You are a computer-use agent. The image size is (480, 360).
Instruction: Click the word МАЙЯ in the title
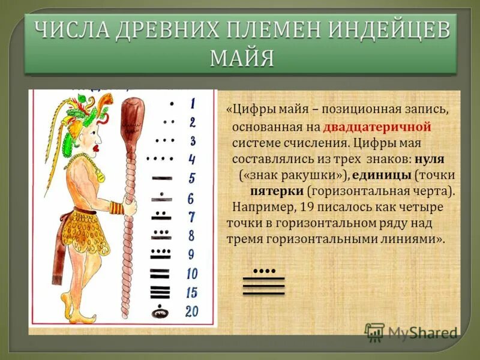click(x=242, y=58)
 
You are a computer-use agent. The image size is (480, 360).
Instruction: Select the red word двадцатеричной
click(x=377, y=127)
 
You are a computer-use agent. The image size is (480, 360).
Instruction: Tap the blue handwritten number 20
click(x=192, y=311)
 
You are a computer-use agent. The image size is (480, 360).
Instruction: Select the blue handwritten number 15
click(x=192, y=293)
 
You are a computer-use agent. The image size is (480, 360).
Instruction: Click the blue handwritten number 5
click(x=191, y=178)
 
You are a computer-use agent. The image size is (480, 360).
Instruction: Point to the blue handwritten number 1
click(x=192, y=104)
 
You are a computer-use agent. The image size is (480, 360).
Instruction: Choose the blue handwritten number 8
click(x=191, y=235)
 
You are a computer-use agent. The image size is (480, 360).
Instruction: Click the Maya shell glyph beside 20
click(x=160, y=311)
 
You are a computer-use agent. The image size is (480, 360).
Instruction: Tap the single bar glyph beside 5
click(x=160, y=178)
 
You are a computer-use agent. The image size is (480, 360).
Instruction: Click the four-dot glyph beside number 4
click(x=160, y=158)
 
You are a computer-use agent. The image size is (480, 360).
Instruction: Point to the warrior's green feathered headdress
click(x=69, y=117)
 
